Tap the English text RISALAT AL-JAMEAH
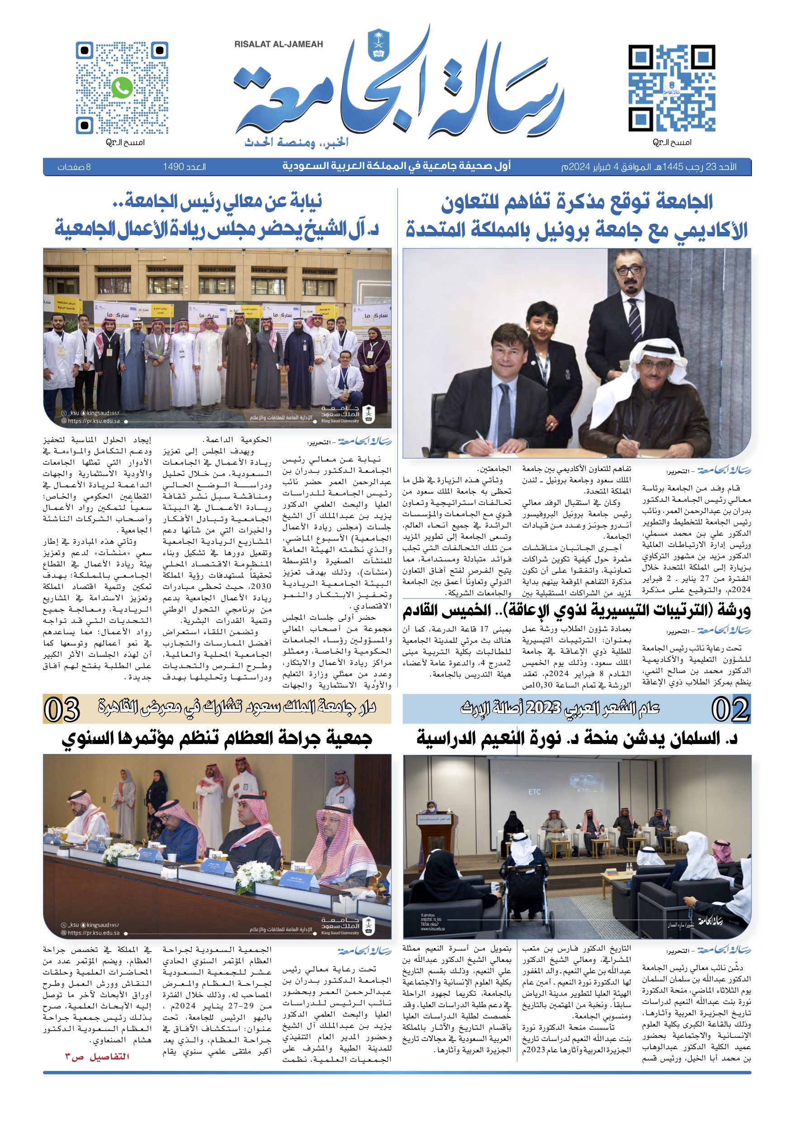tap(279, 44)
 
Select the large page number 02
tap(730, 709)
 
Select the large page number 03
tap(62, 709)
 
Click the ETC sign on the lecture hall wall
tap(534, 792)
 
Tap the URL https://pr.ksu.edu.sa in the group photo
tap(93, 421)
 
